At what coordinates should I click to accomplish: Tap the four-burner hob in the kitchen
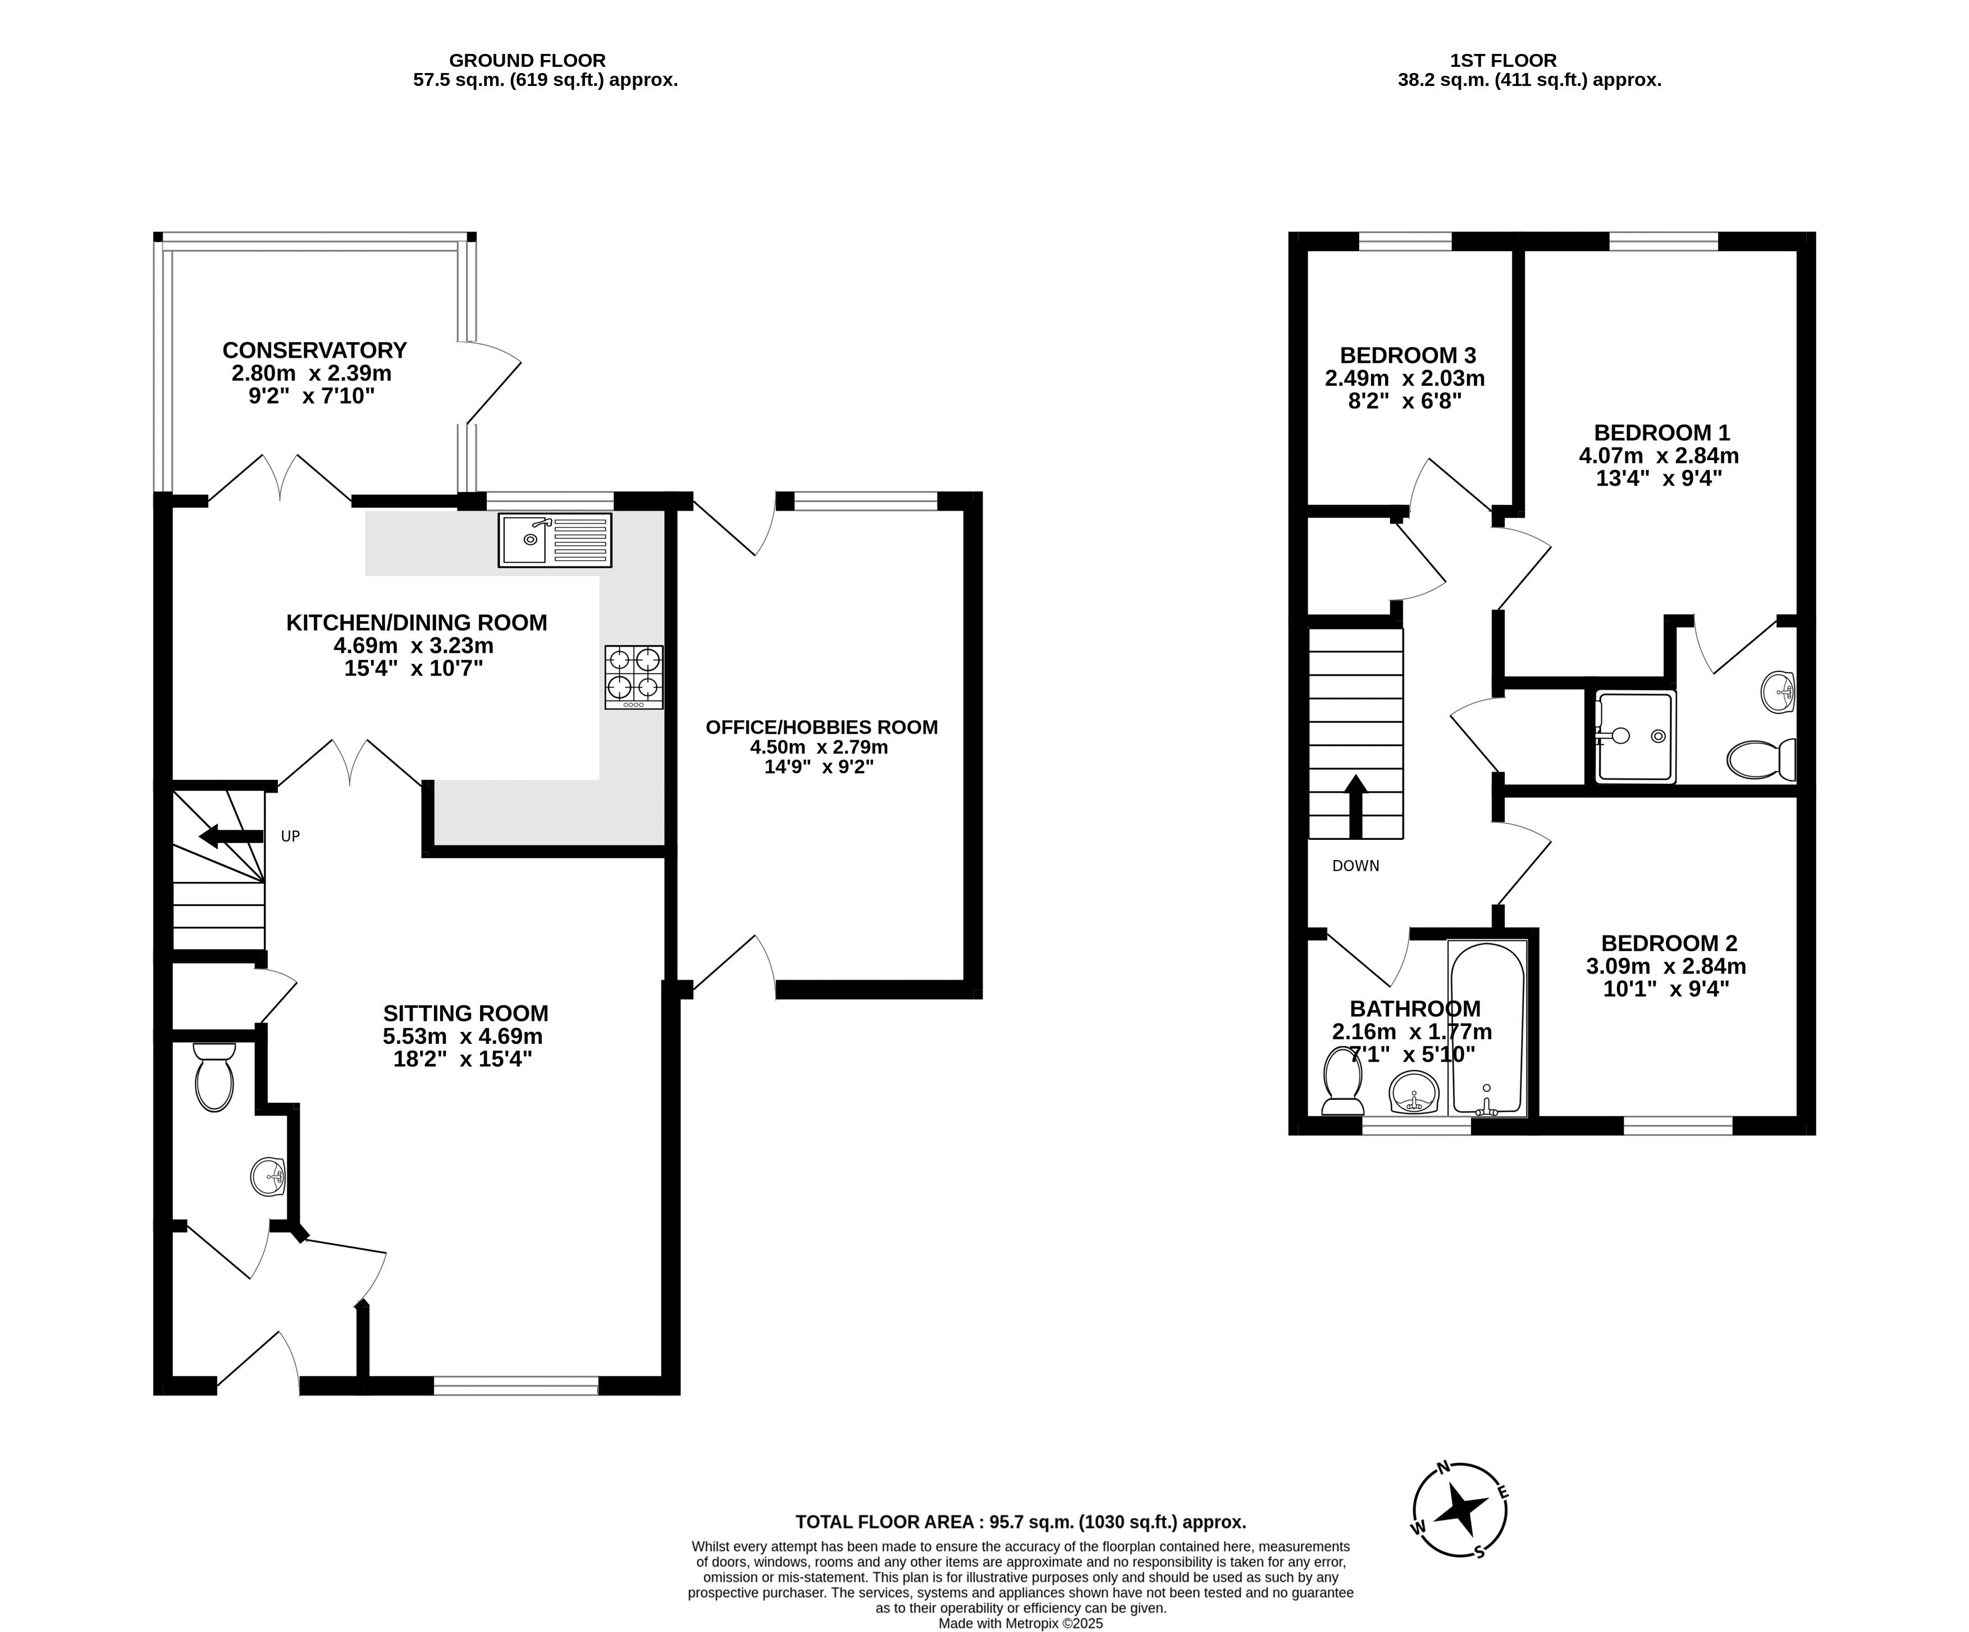click(x=634, y=677)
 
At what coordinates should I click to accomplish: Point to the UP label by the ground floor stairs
click(x=291, y=836)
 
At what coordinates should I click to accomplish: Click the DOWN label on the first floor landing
click(x=1356, y=866)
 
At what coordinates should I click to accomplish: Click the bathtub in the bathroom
click(x=1487, y=1028)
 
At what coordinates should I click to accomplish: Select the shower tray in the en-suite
click(x=1635, y=737)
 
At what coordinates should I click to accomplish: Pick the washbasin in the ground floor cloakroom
click(x=269, y=1176)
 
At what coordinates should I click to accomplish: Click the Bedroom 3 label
click(x=1408, y=356)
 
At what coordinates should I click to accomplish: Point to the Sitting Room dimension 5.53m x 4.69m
click(x=463, y=1037)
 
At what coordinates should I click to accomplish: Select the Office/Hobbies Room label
click(x=821, y=727)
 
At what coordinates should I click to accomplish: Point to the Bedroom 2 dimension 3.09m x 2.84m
click(x=1666, y=966)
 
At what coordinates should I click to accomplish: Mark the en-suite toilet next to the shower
click(x=1761, y=759)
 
